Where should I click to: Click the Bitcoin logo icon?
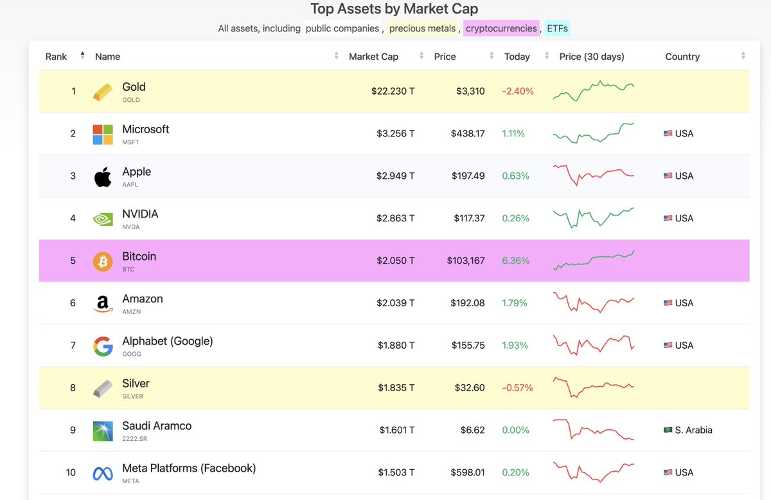click(x=103, y=261)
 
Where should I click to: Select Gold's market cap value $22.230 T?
click(x=393, y=91)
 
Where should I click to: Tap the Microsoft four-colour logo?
click(x=103, y=134)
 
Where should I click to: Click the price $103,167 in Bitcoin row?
click(x=466, y=261)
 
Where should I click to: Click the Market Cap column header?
click(x=373, y=57)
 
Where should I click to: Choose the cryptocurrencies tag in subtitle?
click(x=501, y=28)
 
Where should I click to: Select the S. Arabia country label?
click(x=693, y=430)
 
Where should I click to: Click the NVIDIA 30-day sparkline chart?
click(x=593, y=218)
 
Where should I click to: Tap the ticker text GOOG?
click(x=131, y=354)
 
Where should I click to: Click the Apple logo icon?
click(x=103, y=176)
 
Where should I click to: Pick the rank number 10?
click(x=71, y=472)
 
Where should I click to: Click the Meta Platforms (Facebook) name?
click(x=189, y=468)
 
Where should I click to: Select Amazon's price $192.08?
click(x=468, y=302)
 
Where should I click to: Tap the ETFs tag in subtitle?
click(x=557, y=28)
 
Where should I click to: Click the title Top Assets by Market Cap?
click(x=394, y=9)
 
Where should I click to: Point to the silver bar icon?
click(x=103, y=388)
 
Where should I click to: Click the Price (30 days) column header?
click(x=591, y=57)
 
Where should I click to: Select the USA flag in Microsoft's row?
click(x=668, y=134)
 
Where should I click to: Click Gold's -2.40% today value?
click(x=517, y=91)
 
